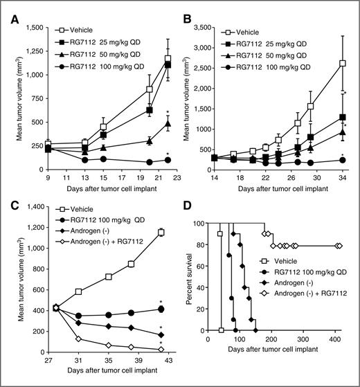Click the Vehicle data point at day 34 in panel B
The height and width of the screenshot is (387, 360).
(342, 63)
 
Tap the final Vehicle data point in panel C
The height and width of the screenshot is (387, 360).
(161, 232)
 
